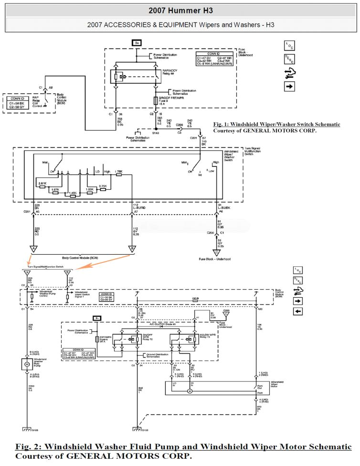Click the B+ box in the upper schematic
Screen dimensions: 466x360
coord(137,43)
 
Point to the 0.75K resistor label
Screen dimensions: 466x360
coord(103,185)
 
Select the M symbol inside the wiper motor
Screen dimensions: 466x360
coord(190,390)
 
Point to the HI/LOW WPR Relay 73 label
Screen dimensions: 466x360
coord(198,336)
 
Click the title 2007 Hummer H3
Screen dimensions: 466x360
coord(180,10)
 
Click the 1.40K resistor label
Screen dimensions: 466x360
coord(73,193)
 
